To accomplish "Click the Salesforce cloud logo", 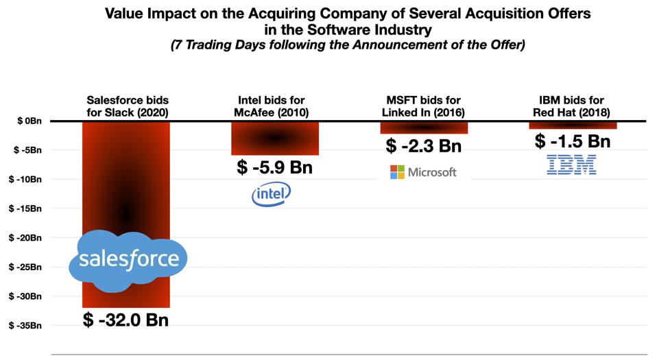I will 128,260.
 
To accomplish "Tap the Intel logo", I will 272,195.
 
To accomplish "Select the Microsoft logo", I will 422,171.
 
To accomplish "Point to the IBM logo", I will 571,165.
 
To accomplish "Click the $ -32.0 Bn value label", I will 126,320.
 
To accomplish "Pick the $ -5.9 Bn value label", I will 274,167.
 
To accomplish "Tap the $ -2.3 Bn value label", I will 424,145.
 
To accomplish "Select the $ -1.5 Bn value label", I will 573,141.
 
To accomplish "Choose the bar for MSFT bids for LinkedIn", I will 424,128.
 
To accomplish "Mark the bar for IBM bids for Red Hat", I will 573,125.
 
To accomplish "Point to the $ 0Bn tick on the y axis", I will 28,121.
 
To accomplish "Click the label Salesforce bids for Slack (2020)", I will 126,106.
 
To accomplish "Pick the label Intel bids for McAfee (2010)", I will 274,106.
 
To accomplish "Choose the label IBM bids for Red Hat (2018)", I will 573,106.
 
